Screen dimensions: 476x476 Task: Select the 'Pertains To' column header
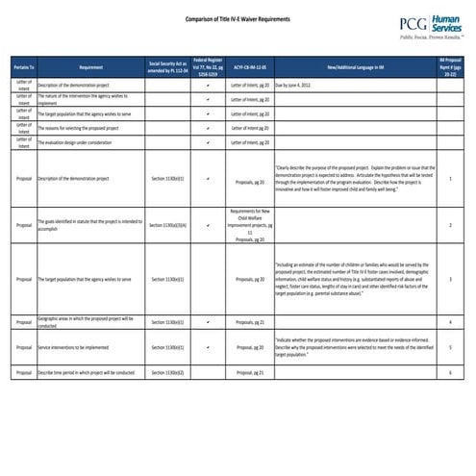(24, 67)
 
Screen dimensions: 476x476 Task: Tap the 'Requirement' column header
(91, 67)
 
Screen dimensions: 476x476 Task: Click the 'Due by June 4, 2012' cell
(303, 85)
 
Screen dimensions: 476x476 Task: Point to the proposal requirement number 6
(450, 371)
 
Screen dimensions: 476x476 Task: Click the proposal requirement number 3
(450, 279)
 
